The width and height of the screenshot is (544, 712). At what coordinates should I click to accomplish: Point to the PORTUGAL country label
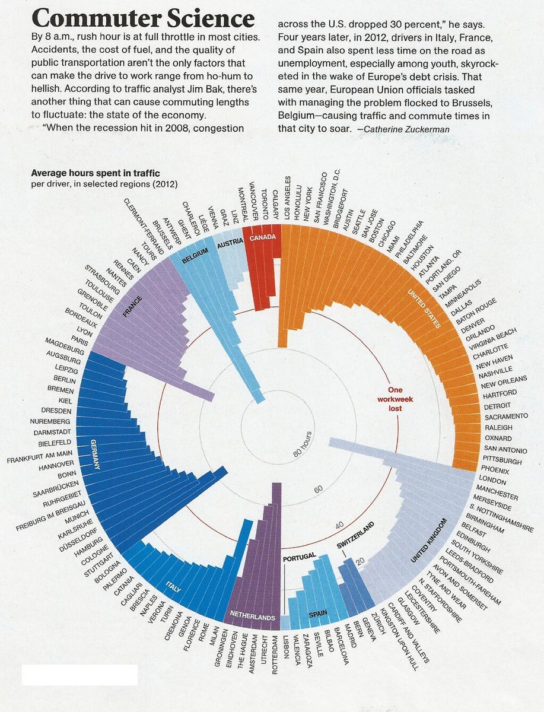pos(300,558)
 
